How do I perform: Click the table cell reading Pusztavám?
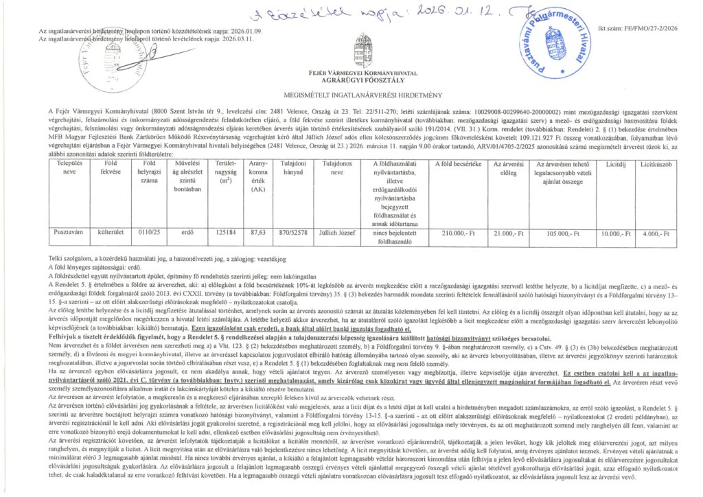click(70, 233)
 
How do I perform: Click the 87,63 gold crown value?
click(258, 233)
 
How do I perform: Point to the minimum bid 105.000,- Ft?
click(564, 233)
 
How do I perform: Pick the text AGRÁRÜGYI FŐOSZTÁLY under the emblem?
click(364, 78)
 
